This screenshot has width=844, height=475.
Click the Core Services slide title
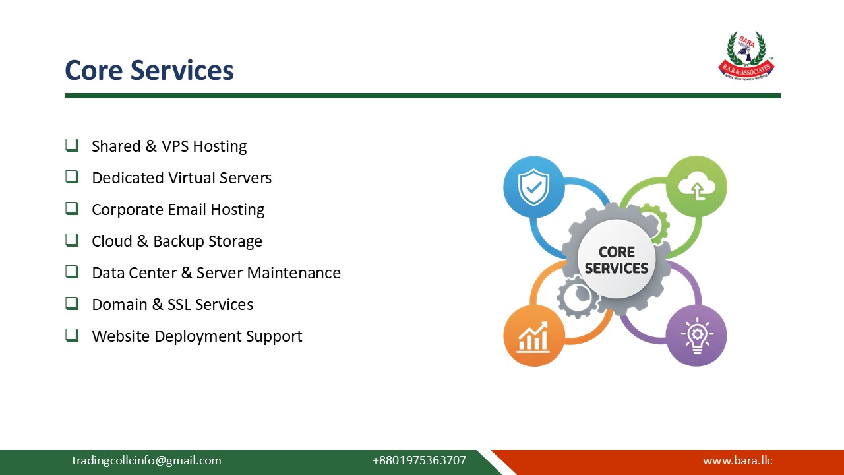pos(149,70)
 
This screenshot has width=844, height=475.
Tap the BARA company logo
pos(746,55)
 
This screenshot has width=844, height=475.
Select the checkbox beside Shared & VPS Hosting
pos(72,145)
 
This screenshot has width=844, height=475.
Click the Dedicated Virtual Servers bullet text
pos(181,178)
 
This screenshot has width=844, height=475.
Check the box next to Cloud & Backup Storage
pos(72,240)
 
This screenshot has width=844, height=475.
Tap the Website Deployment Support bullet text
pos(196,336)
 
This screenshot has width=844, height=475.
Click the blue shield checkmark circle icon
pos(533,187)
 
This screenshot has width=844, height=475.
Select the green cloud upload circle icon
pos(696,187)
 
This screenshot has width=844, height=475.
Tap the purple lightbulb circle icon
pos(696,335)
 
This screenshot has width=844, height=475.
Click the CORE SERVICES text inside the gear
pos(617,261)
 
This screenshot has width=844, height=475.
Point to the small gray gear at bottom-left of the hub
pos(578,297)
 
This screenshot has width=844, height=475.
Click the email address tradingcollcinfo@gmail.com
pos(146,460)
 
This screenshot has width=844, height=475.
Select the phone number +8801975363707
pos(419,460)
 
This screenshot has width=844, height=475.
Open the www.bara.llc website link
pos(737,460)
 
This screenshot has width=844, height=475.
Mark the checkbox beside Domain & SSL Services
pos(72,303)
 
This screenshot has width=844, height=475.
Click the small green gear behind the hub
pos(653,221)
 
